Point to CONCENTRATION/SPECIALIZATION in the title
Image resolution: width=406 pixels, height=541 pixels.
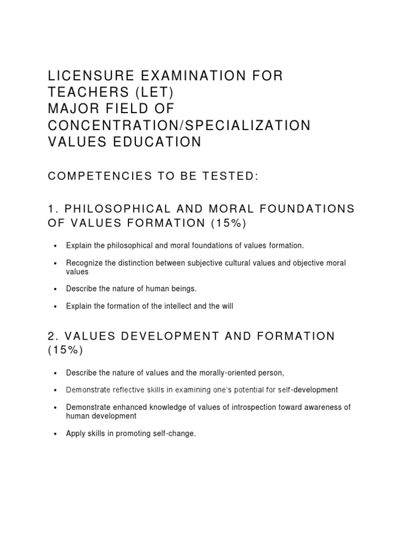[x=179, y=126]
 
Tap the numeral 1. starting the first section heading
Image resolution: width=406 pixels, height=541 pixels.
[x=52, y=209]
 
